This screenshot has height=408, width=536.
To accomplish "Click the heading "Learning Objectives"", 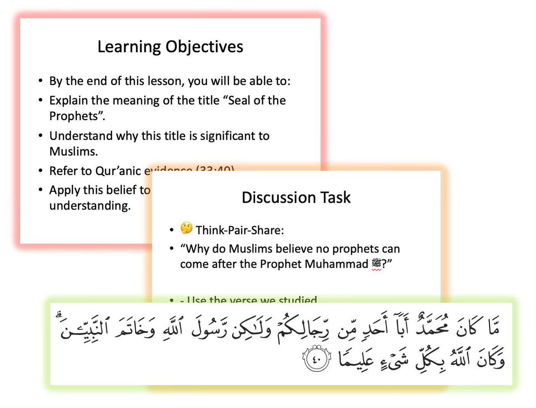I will coord(170,46).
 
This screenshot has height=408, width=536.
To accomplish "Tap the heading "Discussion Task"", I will coord(296,198).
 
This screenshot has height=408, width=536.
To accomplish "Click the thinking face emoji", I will coord(186,229).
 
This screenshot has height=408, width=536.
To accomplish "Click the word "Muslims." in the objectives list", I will coord(73,151).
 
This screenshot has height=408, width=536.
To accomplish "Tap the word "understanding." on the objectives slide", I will coord(90,207).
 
